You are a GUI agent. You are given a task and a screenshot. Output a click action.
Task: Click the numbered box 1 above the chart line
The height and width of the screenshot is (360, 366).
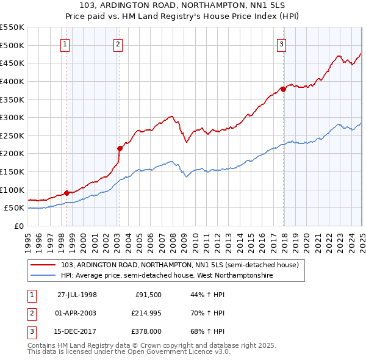[x=65, y=44]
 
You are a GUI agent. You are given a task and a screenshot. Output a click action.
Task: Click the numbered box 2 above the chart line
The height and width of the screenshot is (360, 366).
[x=117, y=44]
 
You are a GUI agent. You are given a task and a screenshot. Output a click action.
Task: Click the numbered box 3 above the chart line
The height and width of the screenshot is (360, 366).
[x=281, y=44]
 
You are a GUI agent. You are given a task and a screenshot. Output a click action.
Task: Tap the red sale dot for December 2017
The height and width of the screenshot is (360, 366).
[x=283, y=89]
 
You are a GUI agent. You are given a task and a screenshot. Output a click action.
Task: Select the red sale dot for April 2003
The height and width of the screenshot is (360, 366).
[x=120, y=148]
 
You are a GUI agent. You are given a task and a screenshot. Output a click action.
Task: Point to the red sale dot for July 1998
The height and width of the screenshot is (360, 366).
[x=67, y=192]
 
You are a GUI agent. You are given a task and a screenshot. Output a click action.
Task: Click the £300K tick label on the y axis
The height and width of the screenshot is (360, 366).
[x=12, y=117]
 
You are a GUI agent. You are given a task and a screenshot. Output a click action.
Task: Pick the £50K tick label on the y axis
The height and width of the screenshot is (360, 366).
[x=15, y=208]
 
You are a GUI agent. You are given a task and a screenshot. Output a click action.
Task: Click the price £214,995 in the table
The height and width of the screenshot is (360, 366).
[x=147, y=313]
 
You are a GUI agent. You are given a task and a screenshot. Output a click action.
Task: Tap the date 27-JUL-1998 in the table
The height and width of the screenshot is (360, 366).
[x=77, y=295]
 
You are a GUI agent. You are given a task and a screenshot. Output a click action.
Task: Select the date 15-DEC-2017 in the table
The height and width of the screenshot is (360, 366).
[x=77, y=331]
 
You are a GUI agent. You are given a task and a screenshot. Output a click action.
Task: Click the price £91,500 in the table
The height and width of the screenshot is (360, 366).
[x=149, y=295]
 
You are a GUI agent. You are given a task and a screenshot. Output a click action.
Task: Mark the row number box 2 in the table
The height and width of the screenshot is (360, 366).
[x=30, y=313]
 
